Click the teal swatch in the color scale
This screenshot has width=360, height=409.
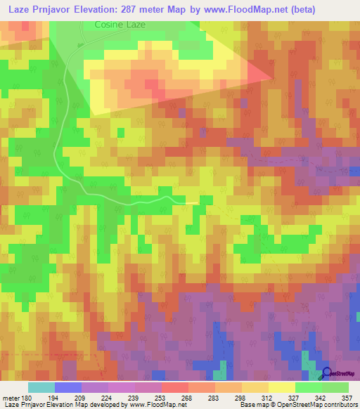41,387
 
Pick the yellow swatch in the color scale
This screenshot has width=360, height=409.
282,387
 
